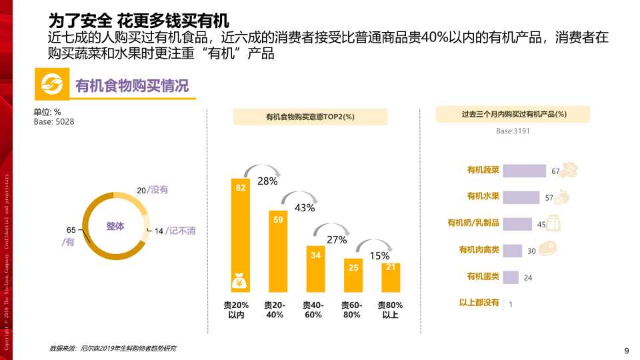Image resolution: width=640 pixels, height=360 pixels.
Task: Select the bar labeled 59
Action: (279, 251)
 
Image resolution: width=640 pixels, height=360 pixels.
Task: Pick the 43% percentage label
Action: (304, 208)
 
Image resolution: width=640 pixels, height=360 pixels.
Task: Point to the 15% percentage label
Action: (379, 256)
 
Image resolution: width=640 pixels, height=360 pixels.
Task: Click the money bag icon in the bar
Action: (240, 283)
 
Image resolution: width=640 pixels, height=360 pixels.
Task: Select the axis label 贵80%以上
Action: (391, 310)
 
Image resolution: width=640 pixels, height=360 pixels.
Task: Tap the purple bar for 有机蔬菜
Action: (524, 171)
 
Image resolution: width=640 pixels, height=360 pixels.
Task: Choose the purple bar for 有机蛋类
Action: (510, 277)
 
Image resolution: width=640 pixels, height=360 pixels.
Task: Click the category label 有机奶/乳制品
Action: (473, 223)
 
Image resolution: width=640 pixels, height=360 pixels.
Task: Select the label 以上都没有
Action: (479, 303)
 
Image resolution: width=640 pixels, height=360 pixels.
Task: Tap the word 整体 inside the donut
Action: (115, 226)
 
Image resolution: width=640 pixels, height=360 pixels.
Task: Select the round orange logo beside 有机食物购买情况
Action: (52, 86)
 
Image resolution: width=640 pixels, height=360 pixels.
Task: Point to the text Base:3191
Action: (513, 131)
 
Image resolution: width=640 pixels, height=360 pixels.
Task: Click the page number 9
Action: (626, 351)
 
